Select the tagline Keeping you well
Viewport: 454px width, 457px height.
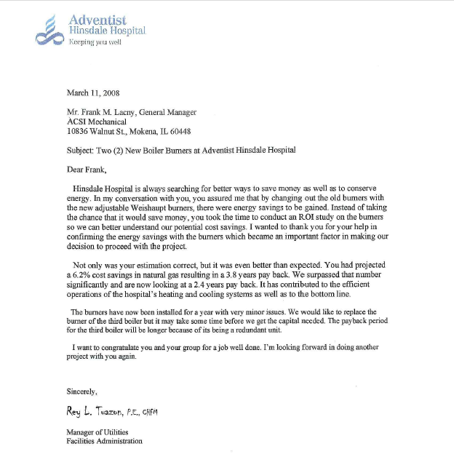[95, 42]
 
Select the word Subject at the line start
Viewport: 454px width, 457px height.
[79, 150]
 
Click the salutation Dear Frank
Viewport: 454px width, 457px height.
[86, 170]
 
